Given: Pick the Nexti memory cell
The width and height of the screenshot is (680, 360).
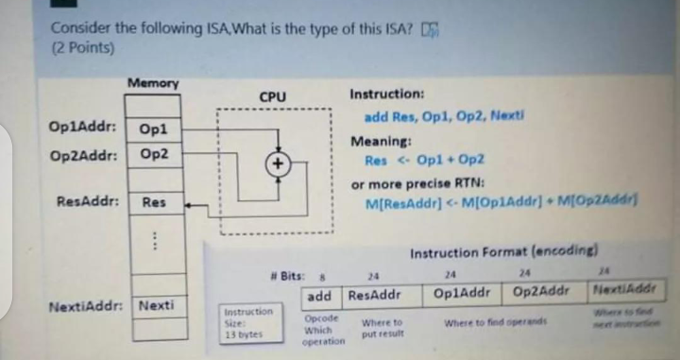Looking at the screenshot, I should (x=155, y=306).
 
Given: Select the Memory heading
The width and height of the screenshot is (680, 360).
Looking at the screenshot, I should (x=153, y=83).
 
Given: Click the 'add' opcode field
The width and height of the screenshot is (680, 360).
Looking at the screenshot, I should (x=319, y=296).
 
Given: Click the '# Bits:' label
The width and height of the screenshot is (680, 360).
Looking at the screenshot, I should (x=288, y=276).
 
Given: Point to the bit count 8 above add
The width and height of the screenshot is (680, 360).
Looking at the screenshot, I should (x=324, y=276).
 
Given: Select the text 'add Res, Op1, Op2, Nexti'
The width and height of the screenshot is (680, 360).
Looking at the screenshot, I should (x=443, y=116).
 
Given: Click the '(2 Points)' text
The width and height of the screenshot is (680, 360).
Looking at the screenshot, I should (x=82, y=45).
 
